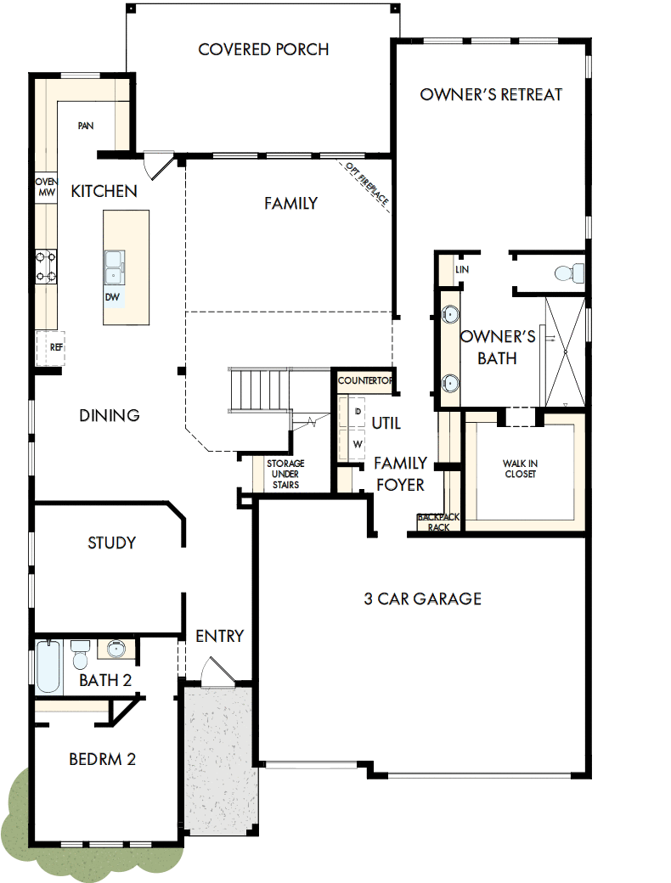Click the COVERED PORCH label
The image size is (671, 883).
263,49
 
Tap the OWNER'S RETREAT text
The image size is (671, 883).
491,94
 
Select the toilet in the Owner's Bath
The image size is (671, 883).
567,273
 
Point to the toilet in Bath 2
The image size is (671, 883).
81,656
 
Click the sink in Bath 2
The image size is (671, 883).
117,650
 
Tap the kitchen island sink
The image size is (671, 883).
113,265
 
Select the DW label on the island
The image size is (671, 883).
112,297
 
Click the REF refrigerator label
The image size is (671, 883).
56,347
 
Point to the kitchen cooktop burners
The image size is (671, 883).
46,265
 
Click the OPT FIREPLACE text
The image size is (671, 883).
367,184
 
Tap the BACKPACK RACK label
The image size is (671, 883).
438,522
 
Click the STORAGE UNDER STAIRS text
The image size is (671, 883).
285,475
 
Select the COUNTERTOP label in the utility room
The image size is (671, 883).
365,381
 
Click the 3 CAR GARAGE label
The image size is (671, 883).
422,599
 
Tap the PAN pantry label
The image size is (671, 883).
85,126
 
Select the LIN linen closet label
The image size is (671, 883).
462,270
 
